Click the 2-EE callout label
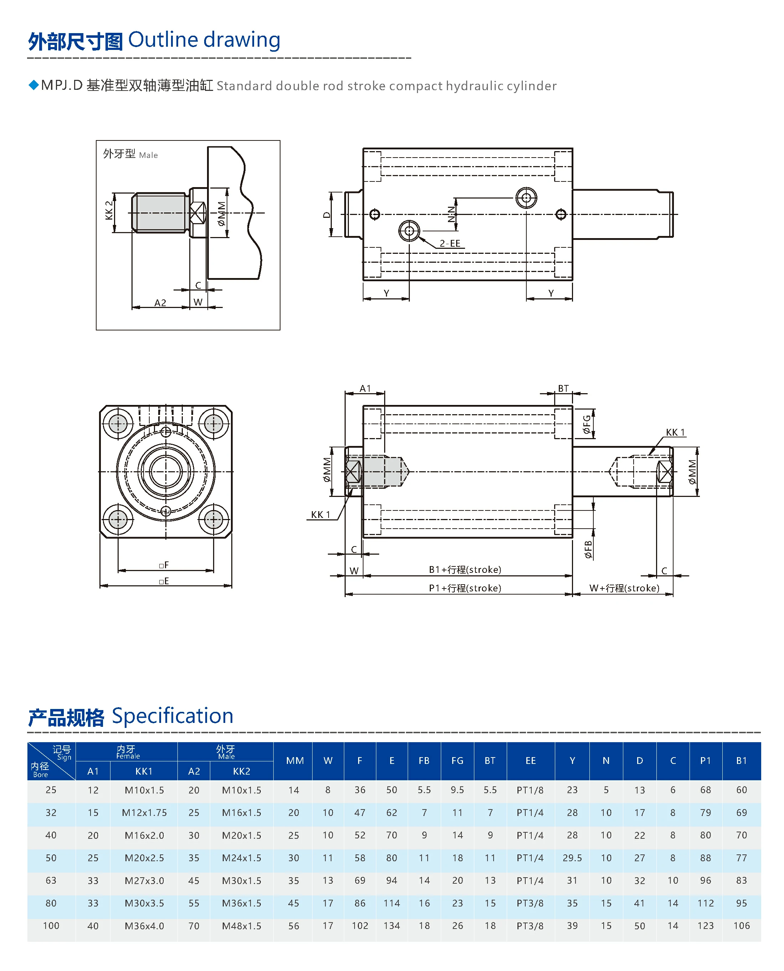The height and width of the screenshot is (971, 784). (x=450, y=243)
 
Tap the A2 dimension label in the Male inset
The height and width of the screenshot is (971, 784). (x=160, y=303)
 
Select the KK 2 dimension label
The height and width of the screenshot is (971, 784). (x=109, y=210)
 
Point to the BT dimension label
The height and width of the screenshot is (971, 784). (x=563, y=389)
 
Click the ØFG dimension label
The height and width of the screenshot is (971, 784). (x=587, y=425)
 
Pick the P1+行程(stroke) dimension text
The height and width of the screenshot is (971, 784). (x=465, y=588)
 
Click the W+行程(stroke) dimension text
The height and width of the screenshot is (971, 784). (x=624, y=588)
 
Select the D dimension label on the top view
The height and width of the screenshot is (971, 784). (x=326, y=215)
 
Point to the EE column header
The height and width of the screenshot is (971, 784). (x=530, y=761)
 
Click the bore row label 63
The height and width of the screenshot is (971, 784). (x=51, y=880)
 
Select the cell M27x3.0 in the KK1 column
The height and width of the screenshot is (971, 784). (x=144, y=880)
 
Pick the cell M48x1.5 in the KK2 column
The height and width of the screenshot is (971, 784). (x=241, y=926)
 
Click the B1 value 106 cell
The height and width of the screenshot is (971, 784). (x=741, y=926)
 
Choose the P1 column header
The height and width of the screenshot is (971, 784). (x=705, y=761)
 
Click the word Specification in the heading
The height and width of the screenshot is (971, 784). (x=172, y=716)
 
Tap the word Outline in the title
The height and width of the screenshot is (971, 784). (x=163, y=40)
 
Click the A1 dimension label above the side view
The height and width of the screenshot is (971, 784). (x=365, y=389)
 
